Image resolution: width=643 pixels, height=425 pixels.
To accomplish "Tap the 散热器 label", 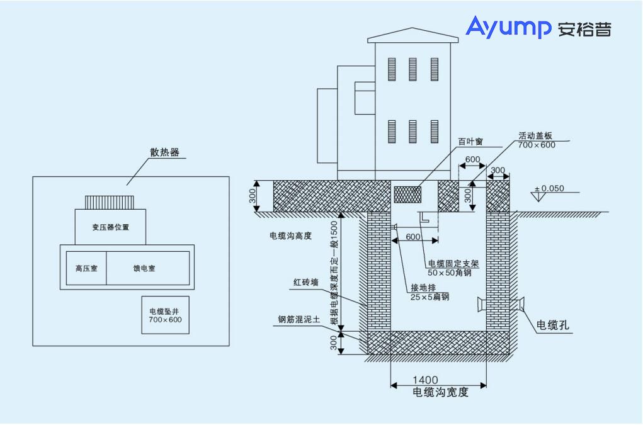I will tap(164, 152).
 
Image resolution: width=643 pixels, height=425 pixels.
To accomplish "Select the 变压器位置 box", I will tap(110, 227).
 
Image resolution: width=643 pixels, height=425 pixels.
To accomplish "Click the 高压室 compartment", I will tap(86, 268).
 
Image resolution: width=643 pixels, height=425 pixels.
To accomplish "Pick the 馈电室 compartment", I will tap(147, 268).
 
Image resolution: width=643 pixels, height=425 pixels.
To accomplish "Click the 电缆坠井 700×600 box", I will tap(165, 315).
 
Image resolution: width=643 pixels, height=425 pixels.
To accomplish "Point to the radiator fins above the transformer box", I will tap(110, 201).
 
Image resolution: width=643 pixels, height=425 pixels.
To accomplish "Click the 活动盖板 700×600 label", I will tap(536, 140).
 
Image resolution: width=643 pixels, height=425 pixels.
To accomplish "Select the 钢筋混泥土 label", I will tap(299, 319).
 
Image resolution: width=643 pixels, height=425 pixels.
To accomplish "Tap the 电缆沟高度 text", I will tap(290, 235).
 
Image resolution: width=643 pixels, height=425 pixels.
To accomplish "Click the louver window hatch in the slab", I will tap(407, 195).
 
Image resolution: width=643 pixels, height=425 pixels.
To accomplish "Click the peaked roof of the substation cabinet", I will tap(413, 35).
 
